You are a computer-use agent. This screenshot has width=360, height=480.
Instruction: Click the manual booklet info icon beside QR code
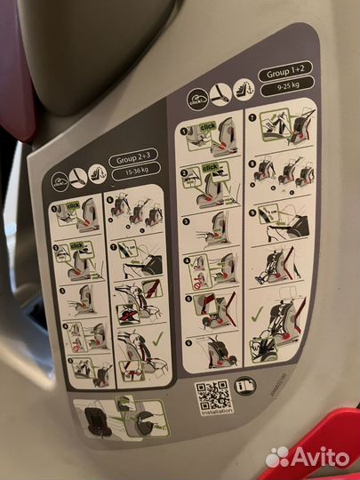tap(247, 384)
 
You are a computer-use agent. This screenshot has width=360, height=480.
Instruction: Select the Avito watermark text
tap(311, 456)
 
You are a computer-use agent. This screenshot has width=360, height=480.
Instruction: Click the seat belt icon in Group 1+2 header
tap(220, 95)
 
